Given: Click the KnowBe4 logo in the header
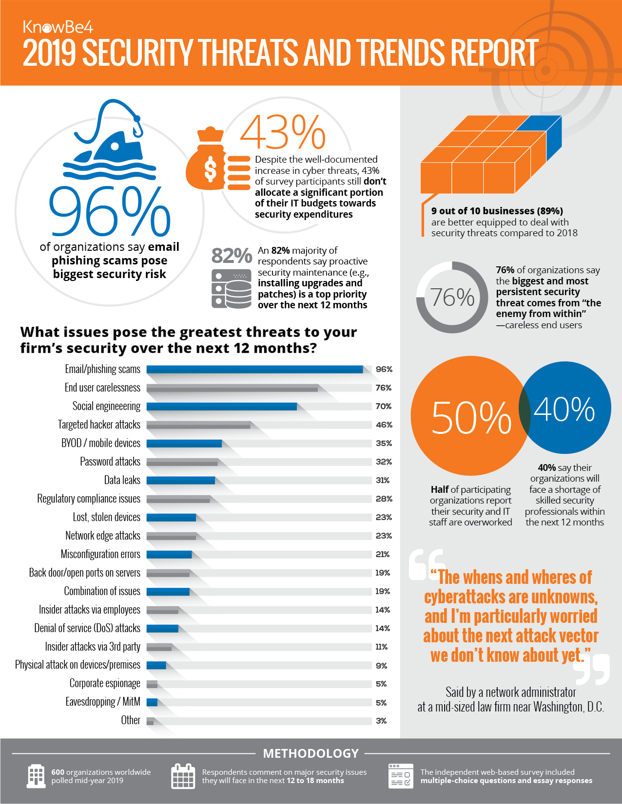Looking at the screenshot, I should tap(58, 27).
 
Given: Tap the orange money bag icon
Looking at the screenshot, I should tap(207, 161).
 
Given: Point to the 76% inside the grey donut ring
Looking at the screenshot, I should tap(452, 298).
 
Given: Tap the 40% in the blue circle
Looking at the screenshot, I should tap(564, 410).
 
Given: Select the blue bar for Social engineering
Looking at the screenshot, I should tap(222, 406).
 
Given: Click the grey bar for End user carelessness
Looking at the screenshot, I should tap(232, 388).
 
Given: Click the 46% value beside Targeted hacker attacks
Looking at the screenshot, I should tap(384, 425).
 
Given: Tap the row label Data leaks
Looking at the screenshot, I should tap(122, 480).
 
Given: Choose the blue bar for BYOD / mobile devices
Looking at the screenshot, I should tap(184, 443).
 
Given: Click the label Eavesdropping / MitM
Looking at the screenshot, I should tap(103, 702).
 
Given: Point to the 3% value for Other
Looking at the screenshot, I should tap(381, 721).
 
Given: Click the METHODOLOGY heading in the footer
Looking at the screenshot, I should tap(311, 753).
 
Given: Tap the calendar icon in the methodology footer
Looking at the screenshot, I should tap(183, 776).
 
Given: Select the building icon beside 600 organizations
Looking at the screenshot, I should tap(36, 776).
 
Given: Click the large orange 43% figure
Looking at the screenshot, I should tap(283, 132).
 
